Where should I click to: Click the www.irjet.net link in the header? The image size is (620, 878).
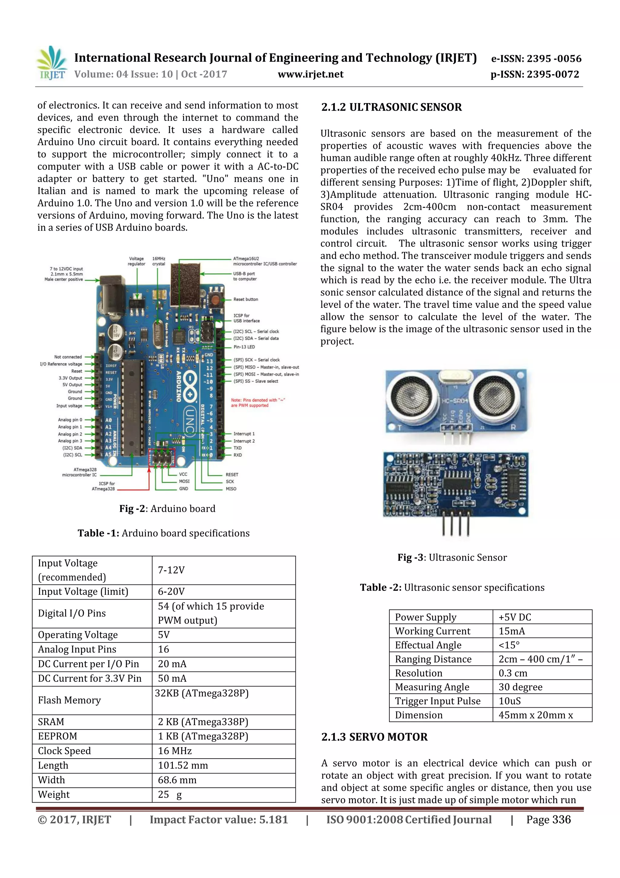click(x=310, y=74)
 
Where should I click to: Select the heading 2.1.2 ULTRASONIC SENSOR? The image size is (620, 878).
click(x=391, y=107)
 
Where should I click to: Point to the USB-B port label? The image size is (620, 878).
click(x=245, y=276)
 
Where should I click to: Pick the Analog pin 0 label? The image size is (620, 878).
click(x=70, y=419)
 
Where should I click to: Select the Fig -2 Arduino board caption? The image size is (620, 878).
click(x=167, y=509)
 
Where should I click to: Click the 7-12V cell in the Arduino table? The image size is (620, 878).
click(x=171, y=570)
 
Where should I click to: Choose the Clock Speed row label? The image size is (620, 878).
click(x=64, y=751)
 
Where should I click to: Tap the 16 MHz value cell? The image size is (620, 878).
click(x=175, y=751)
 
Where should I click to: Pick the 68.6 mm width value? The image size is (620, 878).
click(x=177, y=780)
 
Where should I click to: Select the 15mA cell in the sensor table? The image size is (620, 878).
click(x=512, y=631)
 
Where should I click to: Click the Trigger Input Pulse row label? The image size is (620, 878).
click(x=437, y=701)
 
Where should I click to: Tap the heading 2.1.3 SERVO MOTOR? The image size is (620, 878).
click(x=374, y=737)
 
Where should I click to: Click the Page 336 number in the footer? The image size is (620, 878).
click(x=548, y=820)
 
